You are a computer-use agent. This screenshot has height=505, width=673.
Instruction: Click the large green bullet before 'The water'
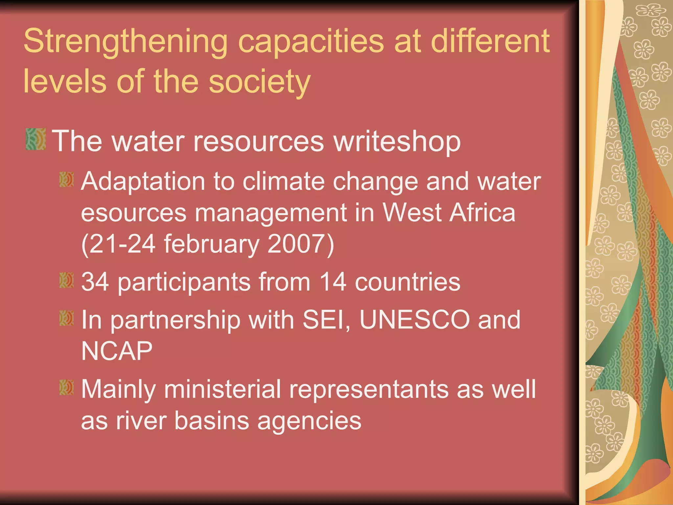pos(35,139)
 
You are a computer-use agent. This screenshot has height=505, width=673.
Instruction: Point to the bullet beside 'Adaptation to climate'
pos(67,180)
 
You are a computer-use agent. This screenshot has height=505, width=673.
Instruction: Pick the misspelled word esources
pos(134,213)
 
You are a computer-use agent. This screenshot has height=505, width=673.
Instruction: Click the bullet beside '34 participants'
pos(67,280)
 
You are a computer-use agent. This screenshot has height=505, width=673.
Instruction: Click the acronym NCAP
pos(117,351)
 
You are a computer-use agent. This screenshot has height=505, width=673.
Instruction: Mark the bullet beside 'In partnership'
pos(67,318)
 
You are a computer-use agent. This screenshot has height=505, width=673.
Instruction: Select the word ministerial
pos(222,389)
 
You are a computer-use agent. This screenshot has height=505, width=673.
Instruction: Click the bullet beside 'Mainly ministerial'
pos(67,387)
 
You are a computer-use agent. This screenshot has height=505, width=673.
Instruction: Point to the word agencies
pos(309,421)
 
